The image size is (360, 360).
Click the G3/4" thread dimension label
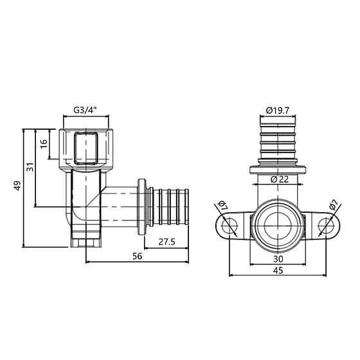point(85,110)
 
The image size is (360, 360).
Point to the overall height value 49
point(18,186)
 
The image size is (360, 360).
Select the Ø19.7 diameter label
point(278,111)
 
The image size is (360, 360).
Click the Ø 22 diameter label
point(278,179)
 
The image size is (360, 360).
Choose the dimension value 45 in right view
point(278,271)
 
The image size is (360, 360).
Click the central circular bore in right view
point(278,226)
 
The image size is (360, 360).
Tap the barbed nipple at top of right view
point(278,138)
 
